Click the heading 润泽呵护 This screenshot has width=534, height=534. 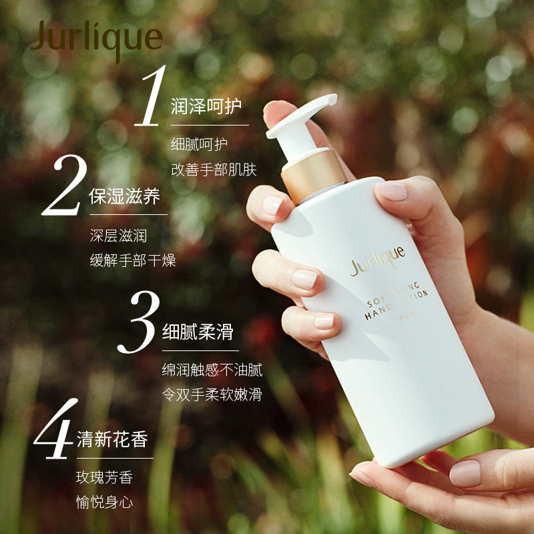click(206, 106)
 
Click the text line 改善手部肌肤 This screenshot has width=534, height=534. click(214, 170)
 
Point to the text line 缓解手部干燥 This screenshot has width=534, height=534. click(133, 260)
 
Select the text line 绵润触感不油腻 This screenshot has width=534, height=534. click(212, 370)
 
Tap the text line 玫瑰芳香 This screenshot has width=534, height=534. click(104, 478)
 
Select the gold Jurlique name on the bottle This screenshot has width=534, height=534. click(378, 260)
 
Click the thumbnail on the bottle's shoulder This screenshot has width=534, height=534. click(391, 192)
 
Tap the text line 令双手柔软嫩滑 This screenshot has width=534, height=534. click(212, 394)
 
